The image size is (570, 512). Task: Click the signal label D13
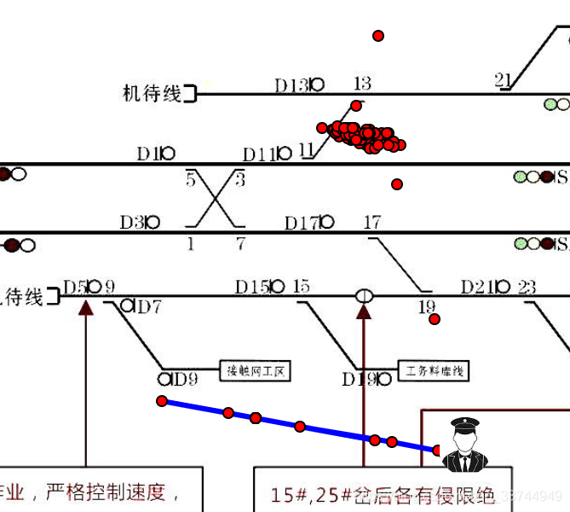coord(291,85)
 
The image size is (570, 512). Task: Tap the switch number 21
coord(503,79)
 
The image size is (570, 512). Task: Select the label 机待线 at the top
coord(153,93)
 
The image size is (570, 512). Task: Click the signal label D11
coord(259,154)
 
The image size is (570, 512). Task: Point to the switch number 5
coord(191,179)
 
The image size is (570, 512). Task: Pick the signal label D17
coord(302,224)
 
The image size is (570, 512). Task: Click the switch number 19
coord(426,306)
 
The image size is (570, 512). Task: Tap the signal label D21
coord(478,287)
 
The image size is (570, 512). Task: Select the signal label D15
coord(252,287)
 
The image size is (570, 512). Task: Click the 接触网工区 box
coord(256,371)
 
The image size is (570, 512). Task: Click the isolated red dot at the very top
coord(378,36)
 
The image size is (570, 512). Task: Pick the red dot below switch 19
coord(435,319)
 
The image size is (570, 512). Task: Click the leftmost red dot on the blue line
coord(162,401)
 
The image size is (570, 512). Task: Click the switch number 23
coord(527,287)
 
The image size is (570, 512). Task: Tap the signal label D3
coord(132,223)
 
